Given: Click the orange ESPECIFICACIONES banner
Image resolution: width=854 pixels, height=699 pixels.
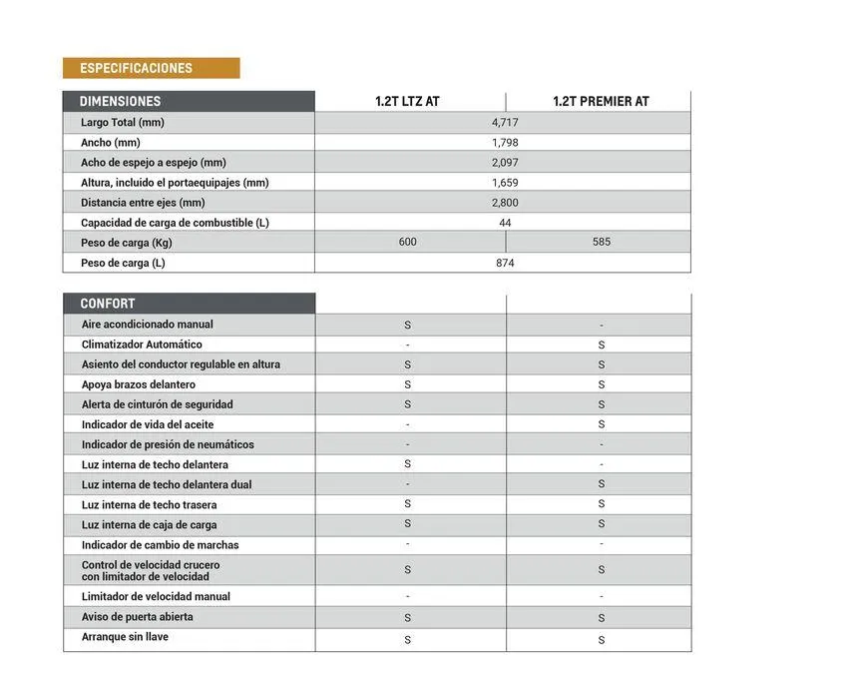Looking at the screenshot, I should point(151,68).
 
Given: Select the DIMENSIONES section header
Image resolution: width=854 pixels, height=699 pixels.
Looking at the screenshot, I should point(120,101).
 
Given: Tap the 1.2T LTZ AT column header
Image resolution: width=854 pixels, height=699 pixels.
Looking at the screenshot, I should point(407,102).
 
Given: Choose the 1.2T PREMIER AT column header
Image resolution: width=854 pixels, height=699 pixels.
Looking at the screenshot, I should point(601,102).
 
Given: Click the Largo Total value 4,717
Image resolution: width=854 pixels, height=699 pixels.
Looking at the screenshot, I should point(505,122).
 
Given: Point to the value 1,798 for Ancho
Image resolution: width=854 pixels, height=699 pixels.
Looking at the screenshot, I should point(505,143).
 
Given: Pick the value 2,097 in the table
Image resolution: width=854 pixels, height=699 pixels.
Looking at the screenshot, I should point(505,163).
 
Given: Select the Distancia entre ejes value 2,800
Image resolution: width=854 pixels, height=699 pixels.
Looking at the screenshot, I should point(505,203).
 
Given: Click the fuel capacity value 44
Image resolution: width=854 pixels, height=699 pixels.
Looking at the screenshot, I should point(505,223).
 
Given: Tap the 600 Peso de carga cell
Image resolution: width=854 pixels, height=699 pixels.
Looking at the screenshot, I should point(407,242).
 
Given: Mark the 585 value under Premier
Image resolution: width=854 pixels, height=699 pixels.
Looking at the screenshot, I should point(601,242).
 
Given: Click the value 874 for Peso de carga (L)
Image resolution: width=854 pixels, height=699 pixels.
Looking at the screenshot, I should point(505,263).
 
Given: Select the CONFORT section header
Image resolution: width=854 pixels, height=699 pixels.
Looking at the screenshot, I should point(108,304).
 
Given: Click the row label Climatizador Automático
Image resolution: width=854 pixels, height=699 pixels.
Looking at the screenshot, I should point(142,345).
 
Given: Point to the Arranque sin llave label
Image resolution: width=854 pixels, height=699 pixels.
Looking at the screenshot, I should point(125,637).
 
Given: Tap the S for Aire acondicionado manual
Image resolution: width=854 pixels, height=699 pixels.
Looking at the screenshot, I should point(407,326).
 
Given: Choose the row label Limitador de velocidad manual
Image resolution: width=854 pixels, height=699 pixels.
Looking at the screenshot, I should point(156,596).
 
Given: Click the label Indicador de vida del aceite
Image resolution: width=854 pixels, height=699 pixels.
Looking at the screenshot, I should point(148,424).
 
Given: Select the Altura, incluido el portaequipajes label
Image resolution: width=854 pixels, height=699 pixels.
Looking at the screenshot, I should point(175,183).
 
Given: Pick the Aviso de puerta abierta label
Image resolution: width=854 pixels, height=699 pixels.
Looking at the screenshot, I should point(138,617).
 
